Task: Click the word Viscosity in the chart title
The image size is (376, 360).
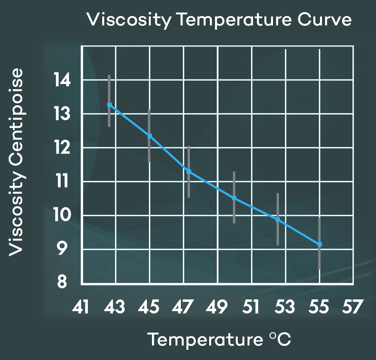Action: pyautogui.click(x=128, y=20)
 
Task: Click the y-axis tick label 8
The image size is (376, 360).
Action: pyautogui.click(x=63, y=283)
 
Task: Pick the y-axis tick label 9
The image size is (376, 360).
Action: pyautogui.click(x=63, y=249)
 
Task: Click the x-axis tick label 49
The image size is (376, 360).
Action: pyautogui.click(x=217, y=307)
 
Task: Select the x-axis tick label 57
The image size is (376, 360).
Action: pyautogui.click(x=352, y=307)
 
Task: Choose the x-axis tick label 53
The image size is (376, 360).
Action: pyautogui.click(x=285, y=307)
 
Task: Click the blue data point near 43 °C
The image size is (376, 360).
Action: pyautogui.click(x=110, y=105)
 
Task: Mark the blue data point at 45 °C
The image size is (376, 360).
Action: pyautogui.click(x=150, y=136)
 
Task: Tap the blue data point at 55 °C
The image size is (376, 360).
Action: pyautogui.click(x=320, y=244)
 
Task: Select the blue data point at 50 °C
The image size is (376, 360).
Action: pyautogui.click(x=234, y=198)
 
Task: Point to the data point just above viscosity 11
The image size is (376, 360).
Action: pyautogui.click(x=189, y=171)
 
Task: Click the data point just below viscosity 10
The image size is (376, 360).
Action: pyautogui.click(x=278, y=220)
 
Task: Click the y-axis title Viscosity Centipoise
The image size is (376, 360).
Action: pyautogui.click(x=16, y=162)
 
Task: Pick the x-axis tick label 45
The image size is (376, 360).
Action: pyautogui.click(x=149, y=307)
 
